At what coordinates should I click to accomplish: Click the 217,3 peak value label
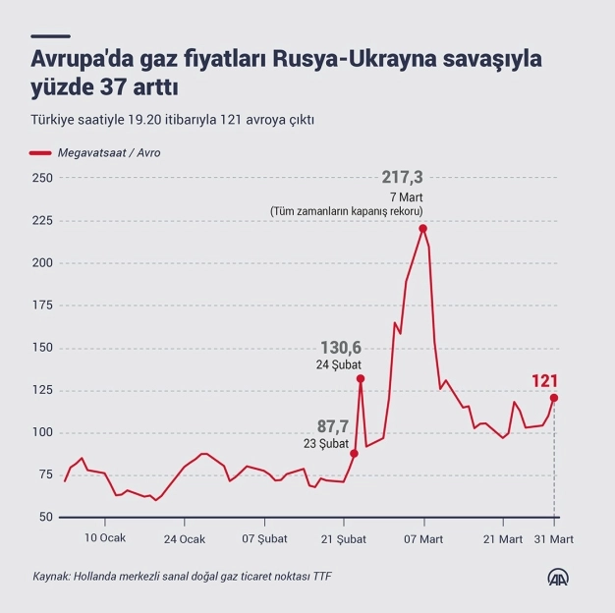(x=402, y=177)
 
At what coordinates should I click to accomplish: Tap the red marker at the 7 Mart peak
(x=422, y=229)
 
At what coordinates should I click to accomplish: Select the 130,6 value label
(x=341, y=348)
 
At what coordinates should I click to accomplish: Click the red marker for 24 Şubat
(x=361, y=378)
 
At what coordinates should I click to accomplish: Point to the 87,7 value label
(x=331, y=425)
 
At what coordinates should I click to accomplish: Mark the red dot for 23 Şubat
(x=354, y=453)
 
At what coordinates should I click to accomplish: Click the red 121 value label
(x=545, y=381)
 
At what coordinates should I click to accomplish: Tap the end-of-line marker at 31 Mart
(x=554, y=398)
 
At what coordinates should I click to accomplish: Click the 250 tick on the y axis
(x=42, y=178)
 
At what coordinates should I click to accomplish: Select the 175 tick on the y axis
(x=42, y=305)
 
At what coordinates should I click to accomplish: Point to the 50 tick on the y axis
(x=45, y=517)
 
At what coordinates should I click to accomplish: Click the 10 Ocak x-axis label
(x=104, y=538)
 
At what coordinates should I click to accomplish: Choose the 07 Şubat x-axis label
(x=263, y=538)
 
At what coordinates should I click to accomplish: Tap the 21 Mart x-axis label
(x=503, y=538)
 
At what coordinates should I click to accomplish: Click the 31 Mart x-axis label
(x=554, y=538)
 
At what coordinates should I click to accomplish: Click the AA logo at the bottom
(x=560, y=577)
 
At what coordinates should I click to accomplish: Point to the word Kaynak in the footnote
(x=49, y=577)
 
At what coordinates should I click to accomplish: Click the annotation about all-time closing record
(x=347, y=211)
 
